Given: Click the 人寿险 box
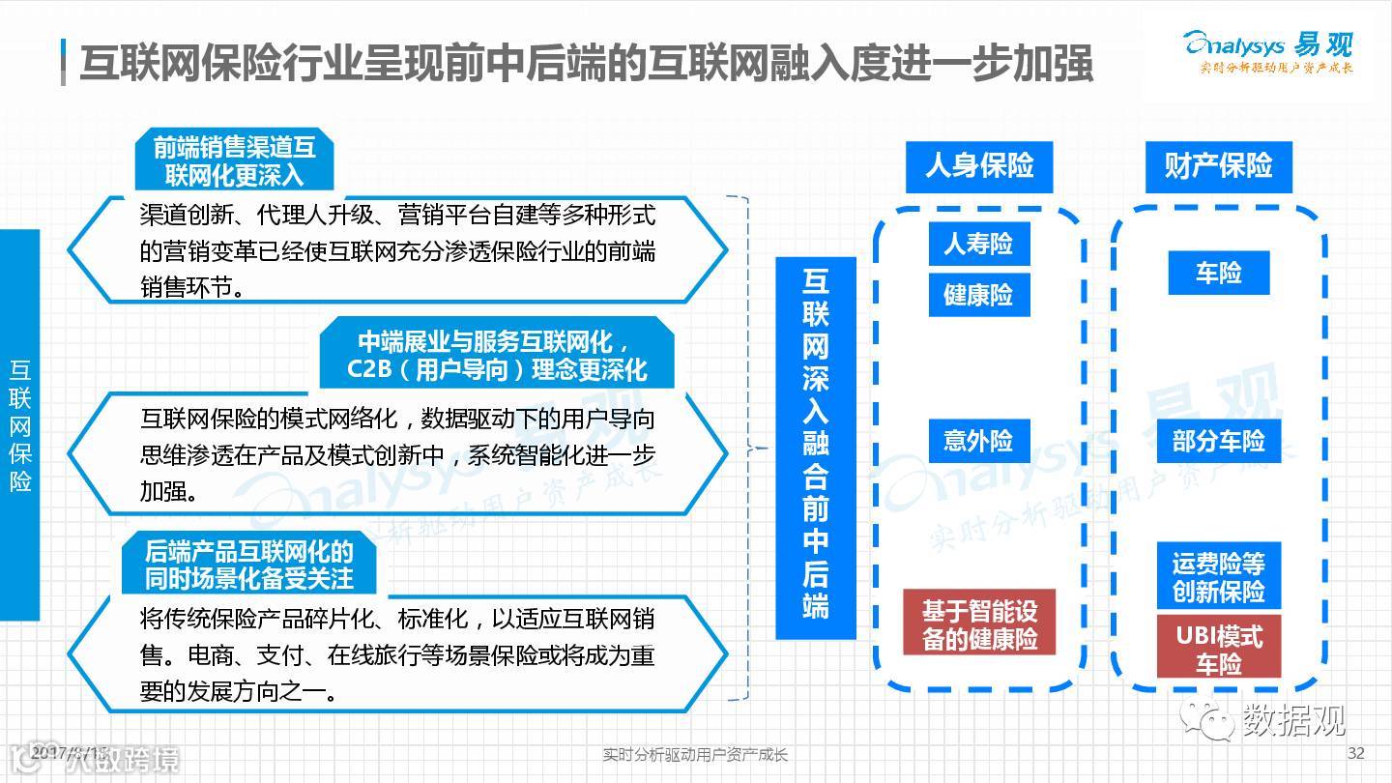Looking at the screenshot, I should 979,244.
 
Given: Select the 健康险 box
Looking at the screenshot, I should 979,295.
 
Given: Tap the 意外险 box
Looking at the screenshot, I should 979,442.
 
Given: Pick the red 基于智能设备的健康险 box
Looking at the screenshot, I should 979,623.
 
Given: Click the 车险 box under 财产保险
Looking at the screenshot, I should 1218,274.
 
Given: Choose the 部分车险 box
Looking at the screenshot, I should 1218,442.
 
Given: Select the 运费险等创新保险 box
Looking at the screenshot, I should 1218,576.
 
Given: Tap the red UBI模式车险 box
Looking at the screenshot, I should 1218,649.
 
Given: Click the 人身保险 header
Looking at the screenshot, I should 979,166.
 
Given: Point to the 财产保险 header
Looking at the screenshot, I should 1218,166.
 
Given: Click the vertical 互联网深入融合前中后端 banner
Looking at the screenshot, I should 815,447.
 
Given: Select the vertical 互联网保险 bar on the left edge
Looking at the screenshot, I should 20,425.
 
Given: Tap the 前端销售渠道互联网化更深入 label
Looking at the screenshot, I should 234,160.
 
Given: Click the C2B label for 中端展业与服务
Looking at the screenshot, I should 496,355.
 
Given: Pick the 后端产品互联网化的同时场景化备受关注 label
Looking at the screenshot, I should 248,565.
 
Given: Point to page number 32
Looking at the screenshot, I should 1355,754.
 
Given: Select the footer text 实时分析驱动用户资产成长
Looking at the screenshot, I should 695,755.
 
